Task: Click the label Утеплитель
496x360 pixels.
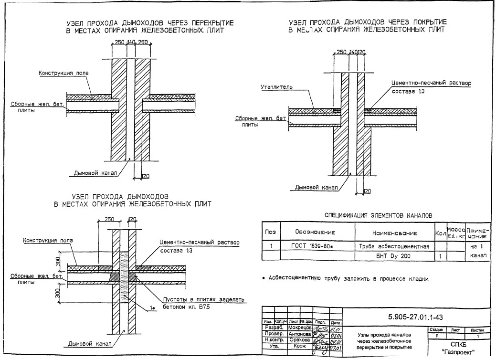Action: [x=276, y=88]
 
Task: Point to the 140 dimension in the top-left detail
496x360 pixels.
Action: [x=131, y=42]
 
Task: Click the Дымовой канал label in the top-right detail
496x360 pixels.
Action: [x=316, y=187]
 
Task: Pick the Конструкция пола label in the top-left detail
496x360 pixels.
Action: [x=64, y=73]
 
